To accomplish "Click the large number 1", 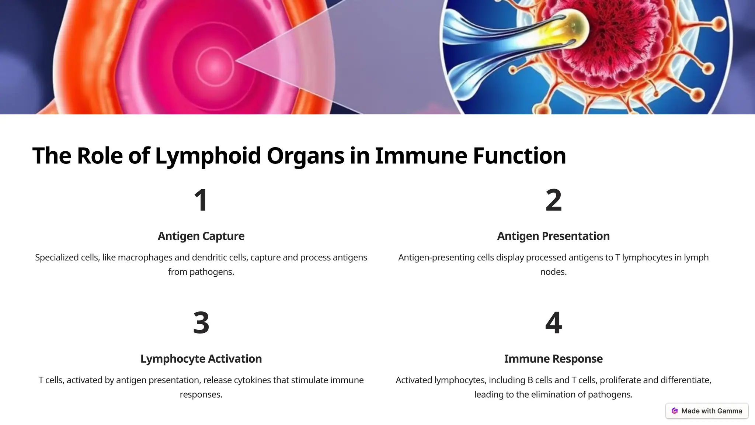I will pyautogui.click(x=201, y=200).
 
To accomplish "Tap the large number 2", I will pyautogui.click(x=553, y=200).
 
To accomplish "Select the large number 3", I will pyautogui.click(x=201, y=323).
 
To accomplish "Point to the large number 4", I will pyautogui.click(x=553, y=323).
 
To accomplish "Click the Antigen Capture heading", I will pyautogui.click(x=201, y=236).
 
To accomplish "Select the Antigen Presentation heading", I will pyautogui.click(x=553, y=236).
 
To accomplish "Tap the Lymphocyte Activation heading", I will pyautogui.click(x=201, y=359).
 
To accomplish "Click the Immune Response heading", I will pyautogui.click(x=553, y=359).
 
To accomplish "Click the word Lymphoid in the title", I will pyautogui.click(x=208, y=156).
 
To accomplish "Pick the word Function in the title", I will pyautogui.click(x=519, y=156).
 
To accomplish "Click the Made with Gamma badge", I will pyautogui.click(x=707, y=411).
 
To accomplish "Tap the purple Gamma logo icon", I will pyautogui.click(x=675, y=411).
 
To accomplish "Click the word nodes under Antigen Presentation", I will pyautogui.click(x=553, y=272).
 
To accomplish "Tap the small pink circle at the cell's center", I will pyautogui.click(x=215, y=66).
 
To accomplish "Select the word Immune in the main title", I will pyautogui.click(x=421, y=156).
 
